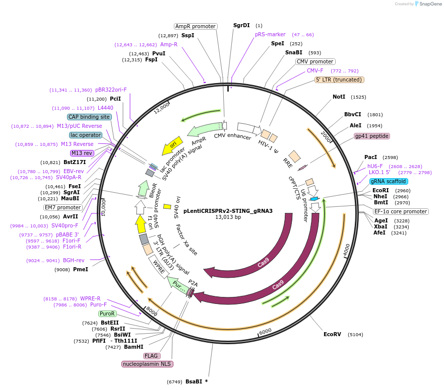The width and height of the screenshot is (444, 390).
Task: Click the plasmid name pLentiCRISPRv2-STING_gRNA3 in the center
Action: [x=228, y=211]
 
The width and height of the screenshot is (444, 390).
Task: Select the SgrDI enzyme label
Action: [x=241, y=25]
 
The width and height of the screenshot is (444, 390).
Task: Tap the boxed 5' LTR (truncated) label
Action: [x=339, y=80]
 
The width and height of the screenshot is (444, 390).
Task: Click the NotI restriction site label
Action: [x=339, y=97]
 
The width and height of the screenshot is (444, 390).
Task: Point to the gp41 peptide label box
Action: [x=372, y=136]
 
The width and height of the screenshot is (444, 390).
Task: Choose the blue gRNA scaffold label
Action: [x=388, y=181]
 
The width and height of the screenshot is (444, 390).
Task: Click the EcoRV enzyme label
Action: [x=332, y=334]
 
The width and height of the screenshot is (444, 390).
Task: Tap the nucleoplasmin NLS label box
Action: [x=147, y=364]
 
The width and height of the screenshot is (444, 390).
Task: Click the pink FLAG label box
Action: [x=152, y=356]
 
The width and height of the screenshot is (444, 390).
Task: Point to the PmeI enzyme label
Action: [x=81, y=269]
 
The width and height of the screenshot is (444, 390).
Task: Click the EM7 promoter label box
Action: [x=62, y=207]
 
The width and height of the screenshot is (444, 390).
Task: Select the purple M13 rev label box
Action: [x=82, y=153]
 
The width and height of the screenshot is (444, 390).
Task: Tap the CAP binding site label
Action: [x=89, y=117]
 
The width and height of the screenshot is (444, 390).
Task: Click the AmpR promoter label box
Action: [x=196, y=26]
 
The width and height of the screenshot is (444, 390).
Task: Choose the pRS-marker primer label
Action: [x=270, y=35]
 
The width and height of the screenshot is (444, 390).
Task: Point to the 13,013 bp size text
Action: [x=228, y=217]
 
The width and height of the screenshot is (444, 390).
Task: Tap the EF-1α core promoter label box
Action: [x=401, y=211]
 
